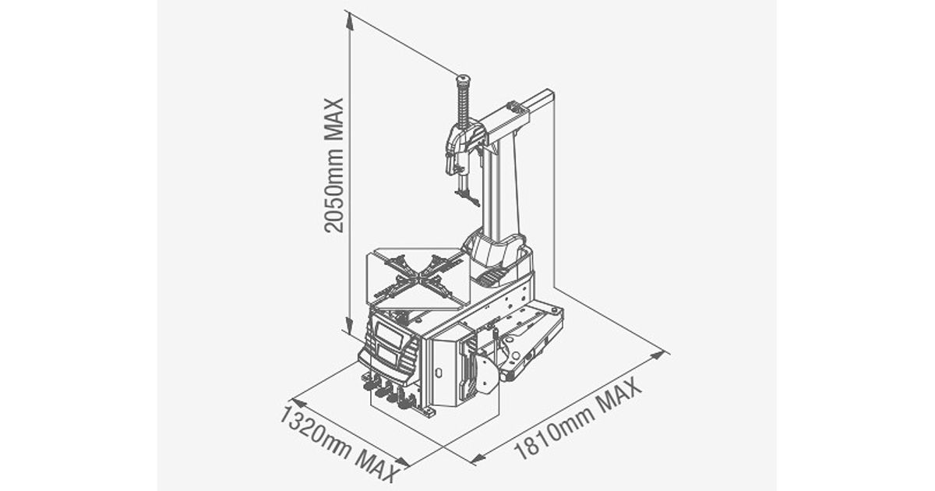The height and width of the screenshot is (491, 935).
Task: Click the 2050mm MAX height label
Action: point(334,165)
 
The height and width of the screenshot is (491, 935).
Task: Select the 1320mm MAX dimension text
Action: point(338,444)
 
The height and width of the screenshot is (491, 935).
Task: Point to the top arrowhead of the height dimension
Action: point(350,20)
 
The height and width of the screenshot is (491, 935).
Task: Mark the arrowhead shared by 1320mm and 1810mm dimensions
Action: point(478,458)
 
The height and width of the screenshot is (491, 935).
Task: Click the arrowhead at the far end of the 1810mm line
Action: point(658,355)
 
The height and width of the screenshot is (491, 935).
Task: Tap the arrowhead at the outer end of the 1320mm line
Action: point(299,404)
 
